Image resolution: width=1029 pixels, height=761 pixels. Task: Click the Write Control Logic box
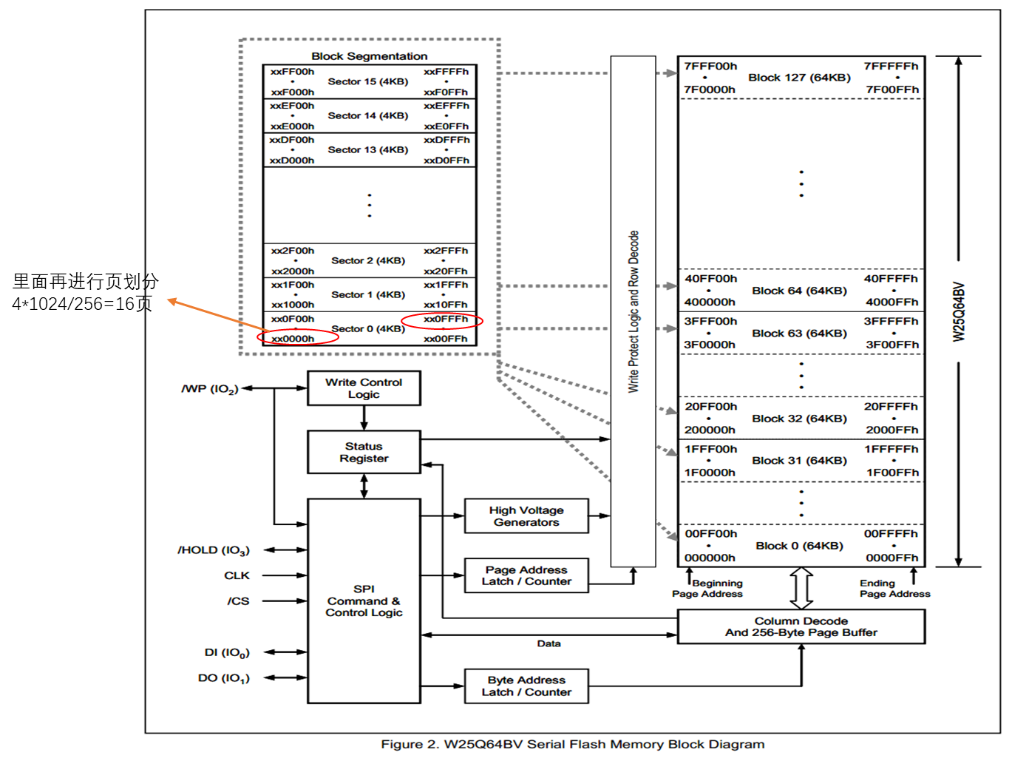point(364,388)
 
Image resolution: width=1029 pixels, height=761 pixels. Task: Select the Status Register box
point(364,452)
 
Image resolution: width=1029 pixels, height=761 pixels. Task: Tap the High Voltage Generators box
point(526,516)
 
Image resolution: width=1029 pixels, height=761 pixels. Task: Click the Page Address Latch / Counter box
point(526,575)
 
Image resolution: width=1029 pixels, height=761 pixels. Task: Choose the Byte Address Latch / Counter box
point(526,686)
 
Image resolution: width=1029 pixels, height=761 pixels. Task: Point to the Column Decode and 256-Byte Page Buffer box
point(801,626)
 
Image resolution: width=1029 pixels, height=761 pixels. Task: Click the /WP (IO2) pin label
point(210,389)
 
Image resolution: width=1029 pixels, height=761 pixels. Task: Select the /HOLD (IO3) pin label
point(214,550)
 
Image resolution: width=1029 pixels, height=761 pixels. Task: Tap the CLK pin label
point(237,575)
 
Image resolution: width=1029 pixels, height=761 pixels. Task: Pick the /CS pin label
point(238,601)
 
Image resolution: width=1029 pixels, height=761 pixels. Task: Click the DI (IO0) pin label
point(227,652)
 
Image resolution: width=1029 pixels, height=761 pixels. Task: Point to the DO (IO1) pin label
point(224,678)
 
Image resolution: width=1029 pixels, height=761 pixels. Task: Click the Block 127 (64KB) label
point(799,78)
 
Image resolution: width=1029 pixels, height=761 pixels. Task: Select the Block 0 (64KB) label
point(799,546)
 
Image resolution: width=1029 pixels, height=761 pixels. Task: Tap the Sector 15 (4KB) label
point(367,81)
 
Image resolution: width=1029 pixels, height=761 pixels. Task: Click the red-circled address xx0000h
point(293,339)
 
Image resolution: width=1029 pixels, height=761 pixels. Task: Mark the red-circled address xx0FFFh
point(446,319)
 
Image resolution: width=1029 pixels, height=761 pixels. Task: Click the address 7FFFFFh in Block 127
point(891,66)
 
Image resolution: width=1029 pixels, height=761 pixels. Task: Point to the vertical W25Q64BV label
point(959,311)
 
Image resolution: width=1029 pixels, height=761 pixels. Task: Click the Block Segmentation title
point(369,56)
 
